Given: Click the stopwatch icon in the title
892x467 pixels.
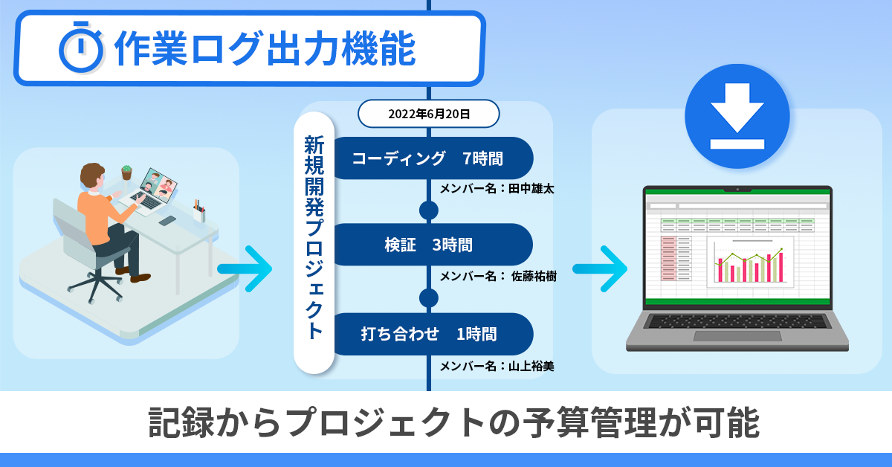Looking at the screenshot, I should pyautogui.click(x=80, y=48).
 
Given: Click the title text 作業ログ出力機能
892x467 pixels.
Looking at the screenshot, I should pyautogui.click(x=265, y=48).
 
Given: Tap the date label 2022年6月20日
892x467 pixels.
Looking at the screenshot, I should pyautogui.click(x=429, y=114).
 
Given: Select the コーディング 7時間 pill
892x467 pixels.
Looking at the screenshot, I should pyautogui.click(x=431, y=158).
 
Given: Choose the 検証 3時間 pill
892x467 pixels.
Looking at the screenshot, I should pyautogui.click(x=431, y=245).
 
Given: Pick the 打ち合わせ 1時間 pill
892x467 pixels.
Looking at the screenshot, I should pyautogui.click(x=431, y=334).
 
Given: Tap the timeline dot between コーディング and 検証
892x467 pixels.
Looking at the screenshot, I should pyautogui.click(x=429, y=210).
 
